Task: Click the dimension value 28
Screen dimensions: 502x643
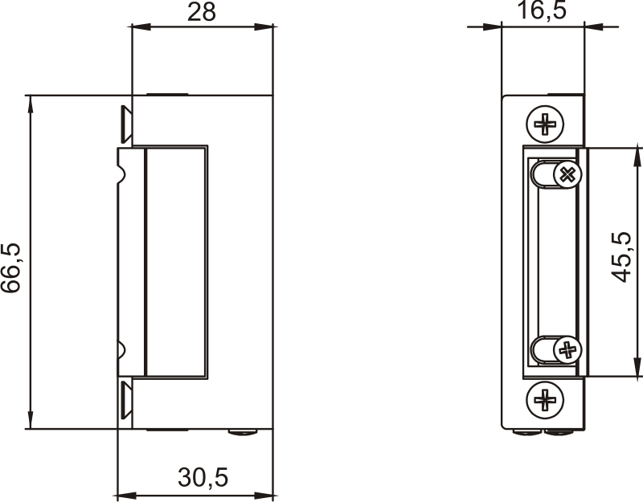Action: pos(202,12)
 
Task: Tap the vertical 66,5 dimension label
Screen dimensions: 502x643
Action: pos(13,267)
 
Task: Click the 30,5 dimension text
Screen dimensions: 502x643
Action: pos(203,478)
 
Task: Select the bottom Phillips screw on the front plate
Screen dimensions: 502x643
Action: pos(545,398)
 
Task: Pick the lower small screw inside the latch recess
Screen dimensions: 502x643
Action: pos(567,349)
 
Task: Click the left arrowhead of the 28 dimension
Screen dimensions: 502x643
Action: pos(139,27)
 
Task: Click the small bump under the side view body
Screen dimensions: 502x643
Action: pos(243,432)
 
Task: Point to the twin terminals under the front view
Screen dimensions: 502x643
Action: pos(545,433)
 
